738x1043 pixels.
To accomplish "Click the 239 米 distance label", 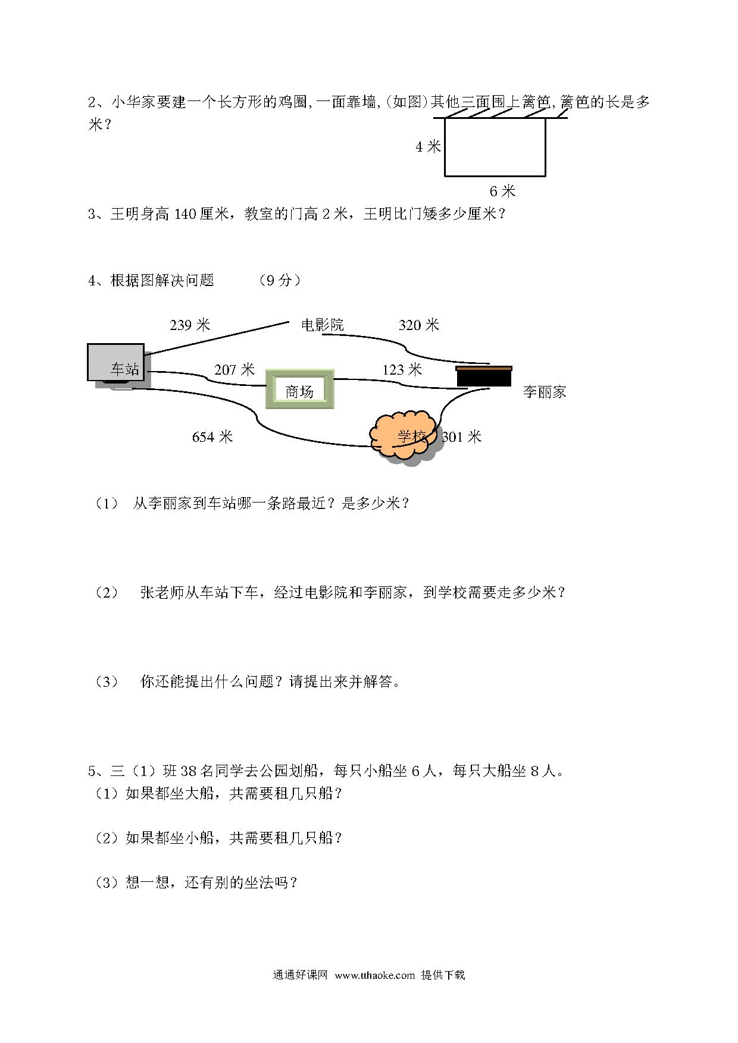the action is pos(190,325).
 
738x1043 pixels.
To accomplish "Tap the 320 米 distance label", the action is pos(418,325).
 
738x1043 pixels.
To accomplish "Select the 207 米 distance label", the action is pos(234,370).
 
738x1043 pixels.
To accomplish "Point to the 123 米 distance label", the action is pos(402,370).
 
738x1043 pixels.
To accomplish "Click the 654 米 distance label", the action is pos(212,437).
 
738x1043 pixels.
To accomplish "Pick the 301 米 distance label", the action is pos(461,437).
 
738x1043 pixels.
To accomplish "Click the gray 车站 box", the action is pos(116,362).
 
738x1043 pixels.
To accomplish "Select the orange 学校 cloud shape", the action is pos(406,436).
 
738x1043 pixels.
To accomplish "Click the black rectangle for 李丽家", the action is pos(484,376).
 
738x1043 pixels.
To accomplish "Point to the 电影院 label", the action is pos(323,325).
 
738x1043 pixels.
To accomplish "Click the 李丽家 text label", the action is pos(545,392).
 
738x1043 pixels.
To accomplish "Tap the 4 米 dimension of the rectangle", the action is pos(428,146).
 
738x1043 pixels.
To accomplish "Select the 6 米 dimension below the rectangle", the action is pos(502,191).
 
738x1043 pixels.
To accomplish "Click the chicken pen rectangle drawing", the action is pos(495,177).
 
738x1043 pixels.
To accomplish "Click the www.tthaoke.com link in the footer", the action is pos(374,975).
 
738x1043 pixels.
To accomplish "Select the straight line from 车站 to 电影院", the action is pos(217,339).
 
